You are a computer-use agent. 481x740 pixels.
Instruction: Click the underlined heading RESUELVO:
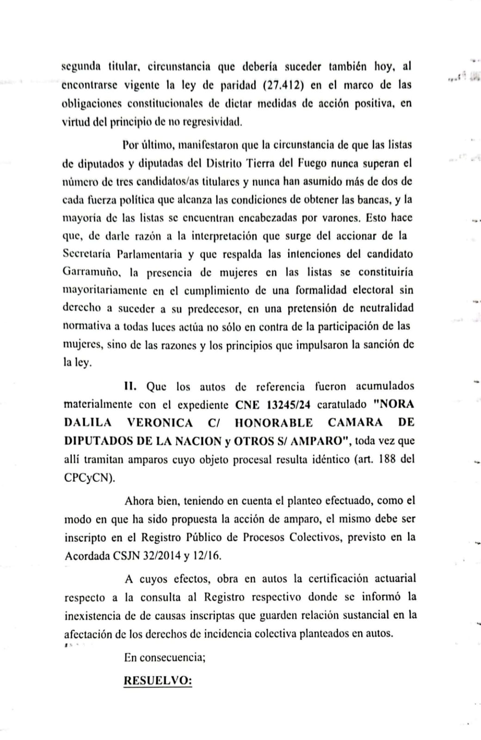tap(158, 680)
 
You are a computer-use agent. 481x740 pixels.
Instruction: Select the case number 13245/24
tap(289, 405)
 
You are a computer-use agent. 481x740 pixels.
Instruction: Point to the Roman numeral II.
tap(130, 386)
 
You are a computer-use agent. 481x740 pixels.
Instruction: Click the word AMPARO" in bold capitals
tap(322, 441)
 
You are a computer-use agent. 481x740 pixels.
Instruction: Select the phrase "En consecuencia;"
tap(165, 657)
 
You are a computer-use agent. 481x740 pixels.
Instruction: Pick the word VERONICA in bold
tap(159, 423)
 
